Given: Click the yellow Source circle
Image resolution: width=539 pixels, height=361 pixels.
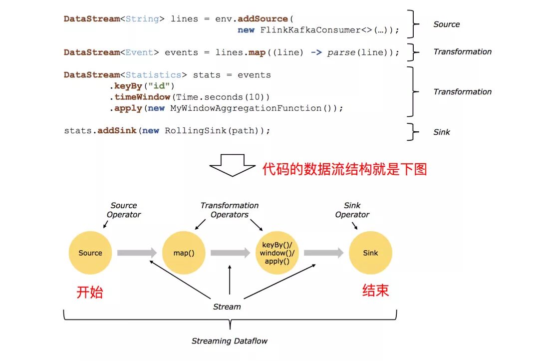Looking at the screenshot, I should pyautogui.click(x=90, y=253).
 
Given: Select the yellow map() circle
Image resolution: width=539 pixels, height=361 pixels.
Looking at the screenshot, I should pyautogui.click(x=184, y=253).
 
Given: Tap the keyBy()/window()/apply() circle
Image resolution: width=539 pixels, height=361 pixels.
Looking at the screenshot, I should pyautogui.click(x=277, y=253).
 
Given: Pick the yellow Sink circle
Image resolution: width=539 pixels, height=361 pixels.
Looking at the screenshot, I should pyautogui.click(x=370, y=253).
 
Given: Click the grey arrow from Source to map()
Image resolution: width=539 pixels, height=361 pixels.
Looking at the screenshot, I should pyautogui.click(x=137, y=253).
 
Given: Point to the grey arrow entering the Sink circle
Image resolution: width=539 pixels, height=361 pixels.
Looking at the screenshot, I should pyautogui.click(x=323, y=253).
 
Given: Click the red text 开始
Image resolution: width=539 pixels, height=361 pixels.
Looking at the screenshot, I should pyautogui.click(x=90, y=292).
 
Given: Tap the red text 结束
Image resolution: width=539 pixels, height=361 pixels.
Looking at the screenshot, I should pyautogui.click(x=375, y=291).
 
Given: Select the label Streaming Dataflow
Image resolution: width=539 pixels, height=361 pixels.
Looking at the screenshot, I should pyautogui.click(x=230, y=341).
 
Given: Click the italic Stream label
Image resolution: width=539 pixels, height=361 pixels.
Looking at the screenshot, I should pyautogui.click(x=227, y=307).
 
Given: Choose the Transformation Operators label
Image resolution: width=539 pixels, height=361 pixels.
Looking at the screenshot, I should pyautogui.click(x=230, y=210).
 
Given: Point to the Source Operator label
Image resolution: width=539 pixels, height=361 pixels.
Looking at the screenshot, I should pyautogui.click(x=124, y=210).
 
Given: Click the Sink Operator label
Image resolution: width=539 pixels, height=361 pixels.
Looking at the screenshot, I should pyautogui.click(x=352, y=210).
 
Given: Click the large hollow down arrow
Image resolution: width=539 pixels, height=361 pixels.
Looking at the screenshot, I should pyautogui.click(x=233, y=165).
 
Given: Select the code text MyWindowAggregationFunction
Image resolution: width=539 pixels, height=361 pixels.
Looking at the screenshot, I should pyautogui.click(x=246, y=108).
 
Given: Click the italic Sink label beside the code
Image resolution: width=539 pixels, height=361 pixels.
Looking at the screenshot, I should pyautogui.click(x=442, y=132).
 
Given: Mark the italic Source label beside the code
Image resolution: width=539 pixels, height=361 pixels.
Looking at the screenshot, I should pyautogui.click(x=447, y=24).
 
